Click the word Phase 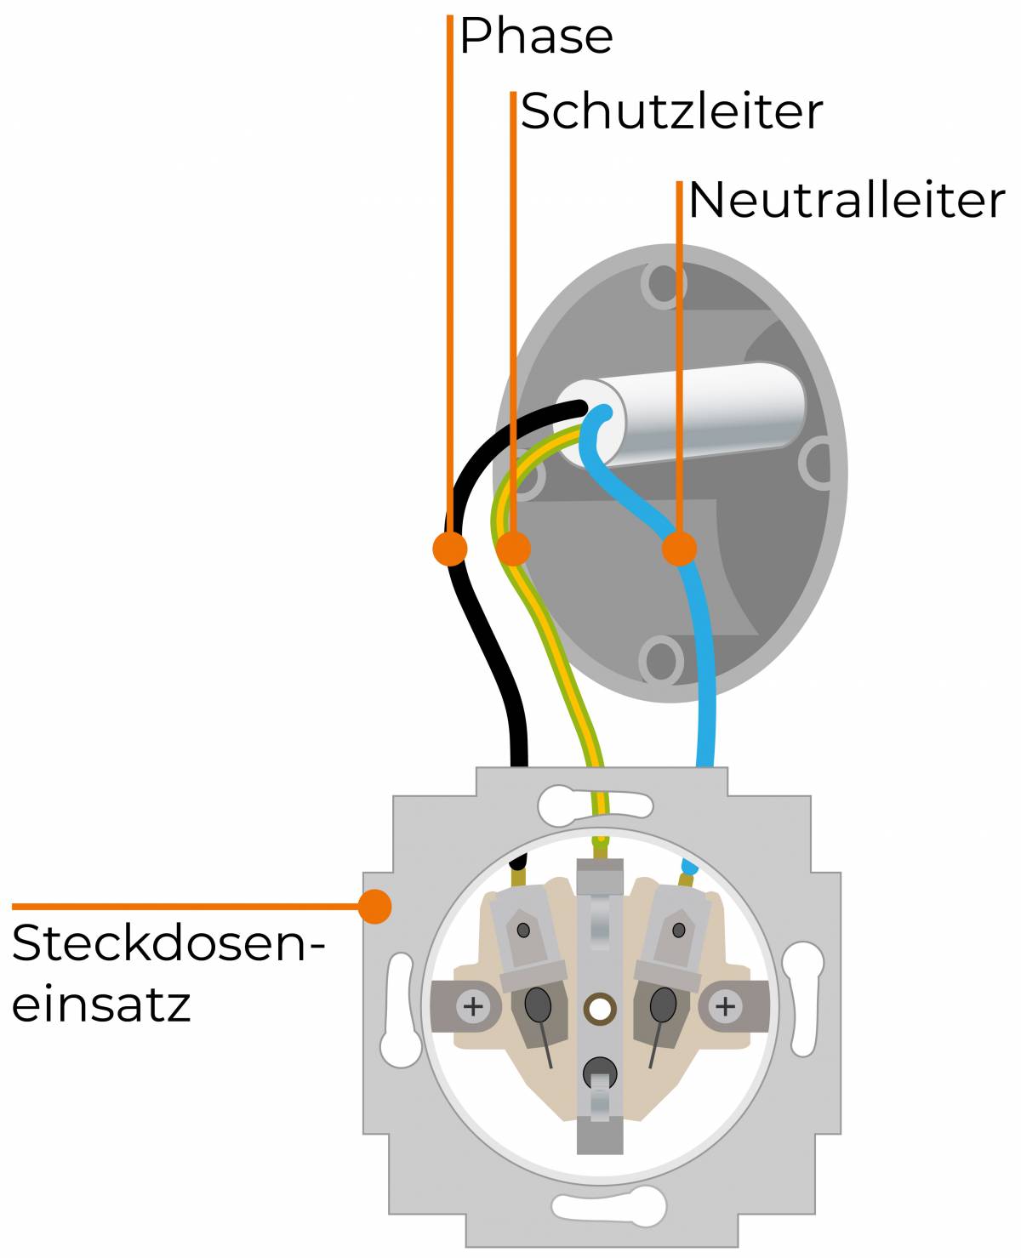pos(536,37)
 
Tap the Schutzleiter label pos(671,111)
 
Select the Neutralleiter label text pos(846,201)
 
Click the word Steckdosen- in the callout pos(168,944)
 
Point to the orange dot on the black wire pos(449,548)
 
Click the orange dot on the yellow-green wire pos(513,549)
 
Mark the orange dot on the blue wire pos(679,549)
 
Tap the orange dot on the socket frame pos(374,906)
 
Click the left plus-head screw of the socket pos(472,1008)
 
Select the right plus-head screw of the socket pos(725,1008)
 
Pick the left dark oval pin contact pos(538,1005)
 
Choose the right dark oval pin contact pos(662,1005)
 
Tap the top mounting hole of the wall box pos(663,284)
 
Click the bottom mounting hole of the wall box pos(660,660)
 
